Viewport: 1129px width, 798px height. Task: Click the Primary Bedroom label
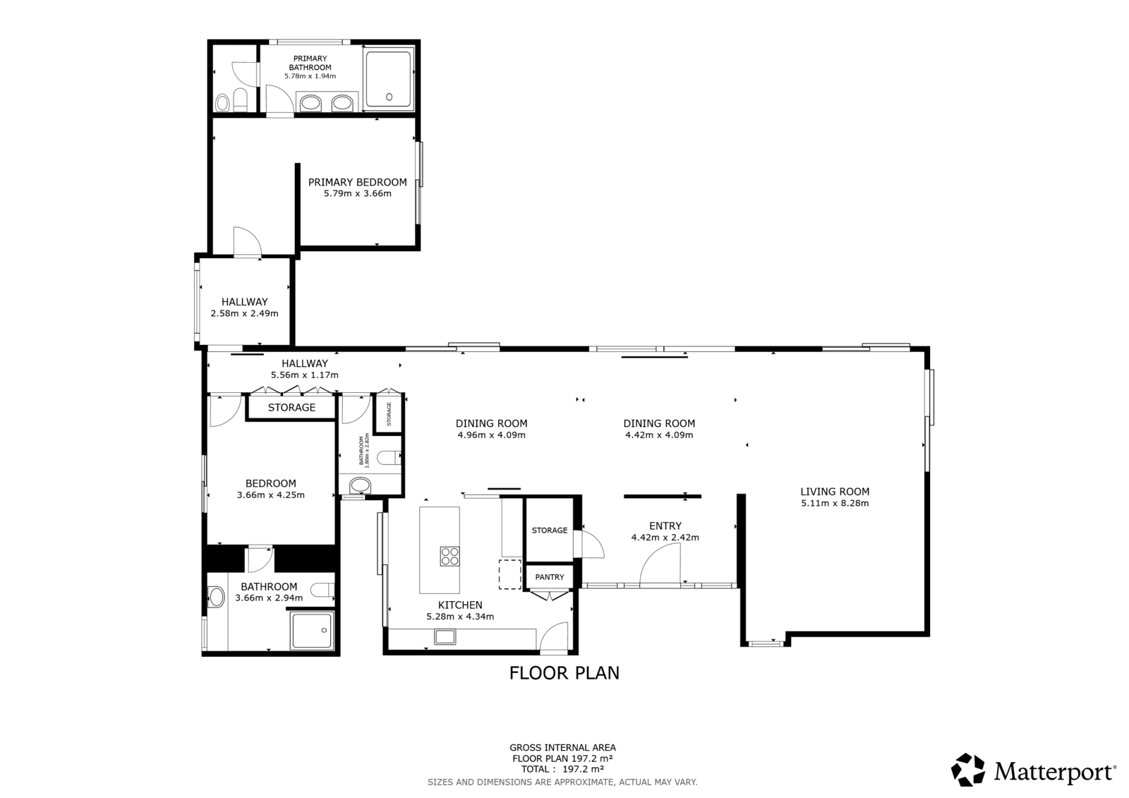(357, 182)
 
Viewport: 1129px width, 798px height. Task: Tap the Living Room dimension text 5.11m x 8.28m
(835, 503)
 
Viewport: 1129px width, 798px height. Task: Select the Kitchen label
(460, 605)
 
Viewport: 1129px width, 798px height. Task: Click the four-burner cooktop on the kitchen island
(449, 557)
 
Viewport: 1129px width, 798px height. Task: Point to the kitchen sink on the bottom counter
(445, 636)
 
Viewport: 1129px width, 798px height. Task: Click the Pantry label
(550, 577)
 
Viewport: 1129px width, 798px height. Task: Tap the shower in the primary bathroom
(389, 79)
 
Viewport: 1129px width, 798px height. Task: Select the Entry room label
(665, 526)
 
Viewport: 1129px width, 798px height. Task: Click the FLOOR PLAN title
(564, 673)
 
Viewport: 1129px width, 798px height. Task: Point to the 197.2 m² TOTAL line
(562, 769)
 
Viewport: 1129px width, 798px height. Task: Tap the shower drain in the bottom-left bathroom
(325, 629)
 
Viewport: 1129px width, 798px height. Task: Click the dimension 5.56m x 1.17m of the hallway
(304, 375)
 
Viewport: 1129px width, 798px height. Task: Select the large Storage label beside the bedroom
(291, 407)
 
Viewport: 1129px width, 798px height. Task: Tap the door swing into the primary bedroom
(248, 241)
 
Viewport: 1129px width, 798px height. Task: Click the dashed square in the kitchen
(510, 574)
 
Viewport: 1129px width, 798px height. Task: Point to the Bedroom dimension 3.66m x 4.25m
(271, 495)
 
